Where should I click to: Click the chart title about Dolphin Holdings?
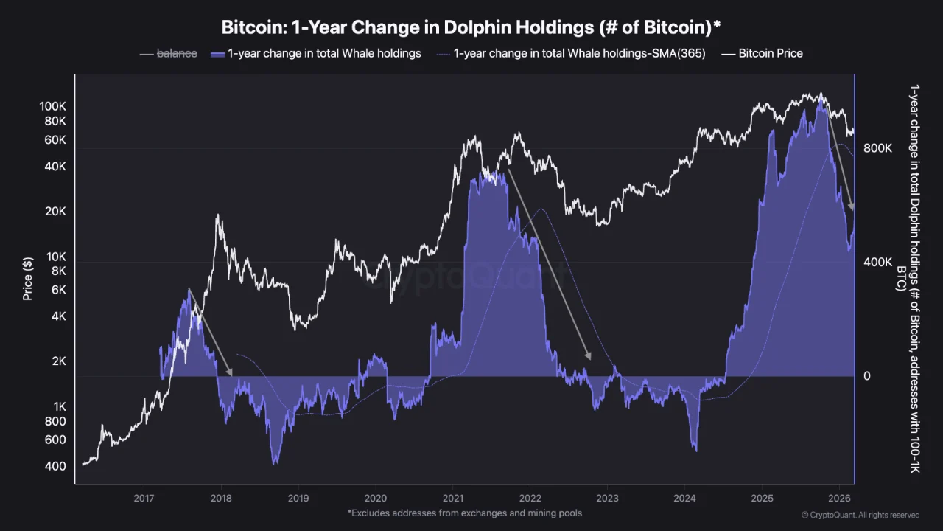[471, 27]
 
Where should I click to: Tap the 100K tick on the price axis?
[52, 106]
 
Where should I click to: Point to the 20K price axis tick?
[55, 212]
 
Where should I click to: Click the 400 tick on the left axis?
[55, 466]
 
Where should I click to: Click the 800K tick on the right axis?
[878, 148]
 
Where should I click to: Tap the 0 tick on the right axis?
[867, 376]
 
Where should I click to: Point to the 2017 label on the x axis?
[144, 499]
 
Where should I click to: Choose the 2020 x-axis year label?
[375, 499]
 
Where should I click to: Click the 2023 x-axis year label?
[607, 499]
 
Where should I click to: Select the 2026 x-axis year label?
[839, 499]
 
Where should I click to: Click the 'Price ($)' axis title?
[28, 278]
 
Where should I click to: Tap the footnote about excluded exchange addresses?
[464, 513]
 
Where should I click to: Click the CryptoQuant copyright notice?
[860, 515]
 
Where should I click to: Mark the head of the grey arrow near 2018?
[229, 372]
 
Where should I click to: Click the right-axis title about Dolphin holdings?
[908, 278]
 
